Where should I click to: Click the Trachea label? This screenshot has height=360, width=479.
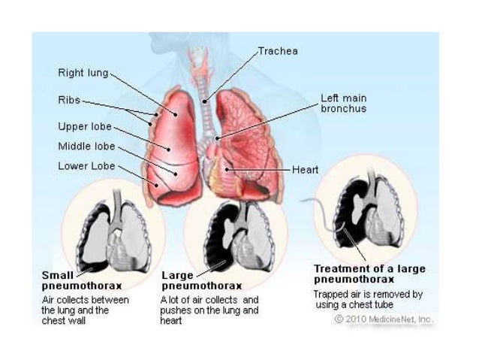tap(278, 51)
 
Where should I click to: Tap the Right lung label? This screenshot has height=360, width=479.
tap(83, 73)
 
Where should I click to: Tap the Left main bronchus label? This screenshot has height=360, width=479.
tap(344, 103)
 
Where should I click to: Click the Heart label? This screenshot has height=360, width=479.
tap(306, 170)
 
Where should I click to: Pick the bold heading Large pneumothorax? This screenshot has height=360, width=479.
tap(202, 280)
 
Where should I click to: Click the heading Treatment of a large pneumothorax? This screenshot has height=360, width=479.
tap(369, 274)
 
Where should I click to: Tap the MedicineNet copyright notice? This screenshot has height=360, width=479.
tap(384, 319)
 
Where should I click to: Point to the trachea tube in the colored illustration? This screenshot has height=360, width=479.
tap(203, 98)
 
